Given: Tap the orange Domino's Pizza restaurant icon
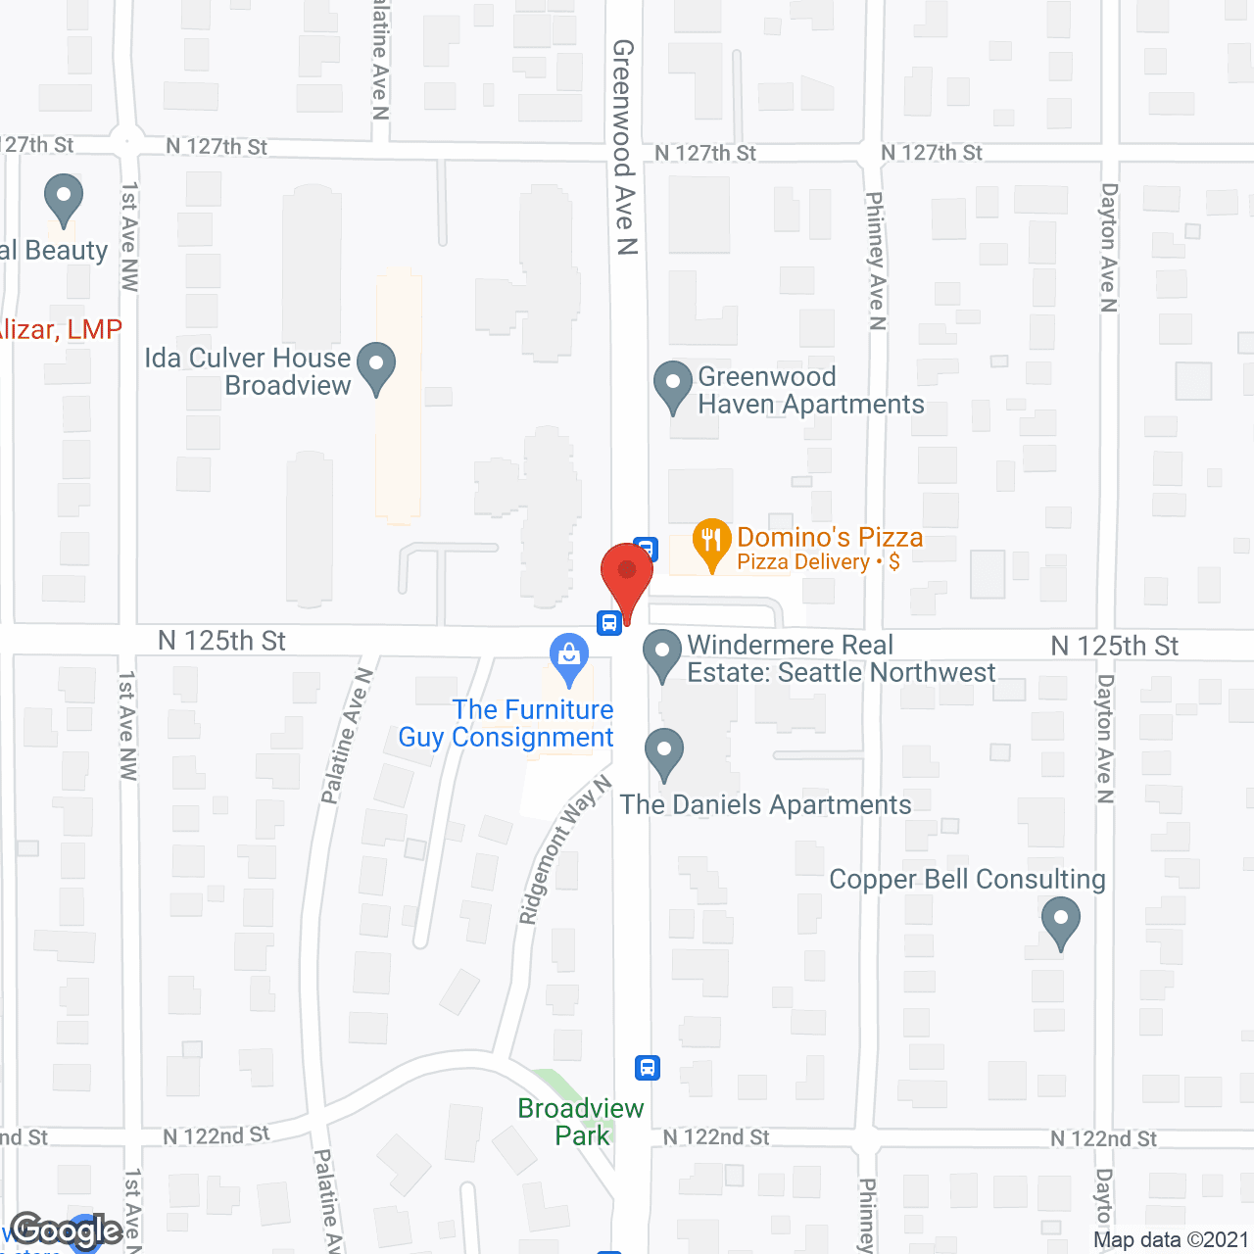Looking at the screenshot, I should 712,542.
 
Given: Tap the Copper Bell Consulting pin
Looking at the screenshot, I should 1060,923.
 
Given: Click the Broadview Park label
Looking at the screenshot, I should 581,1122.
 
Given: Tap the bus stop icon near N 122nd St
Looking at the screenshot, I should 648,1067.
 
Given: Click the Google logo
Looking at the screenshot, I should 66,1230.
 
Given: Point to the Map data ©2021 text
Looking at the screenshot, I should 1171,1239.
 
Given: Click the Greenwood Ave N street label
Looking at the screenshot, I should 624,147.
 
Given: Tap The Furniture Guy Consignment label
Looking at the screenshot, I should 507,723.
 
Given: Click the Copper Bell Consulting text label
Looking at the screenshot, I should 967,879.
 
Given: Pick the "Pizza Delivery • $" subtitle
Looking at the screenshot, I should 818,561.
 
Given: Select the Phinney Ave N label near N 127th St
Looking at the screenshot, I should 876,261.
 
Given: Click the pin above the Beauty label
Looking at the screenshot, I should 64,198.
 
